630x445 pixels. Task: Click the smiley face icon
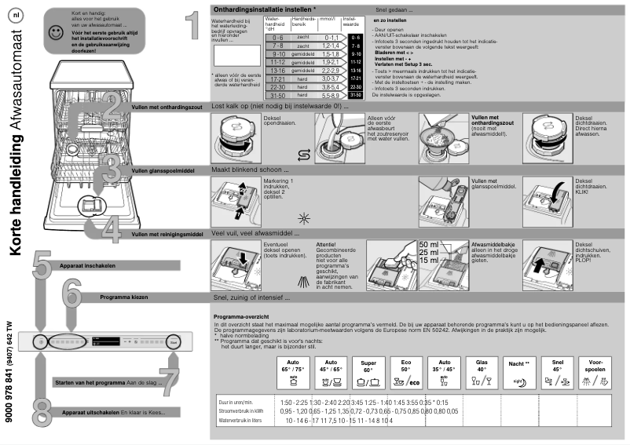tap(53, 32)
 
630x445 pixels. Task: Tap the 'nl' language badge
tap(16, 16)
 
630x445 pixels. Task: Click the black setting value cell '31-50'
tap(356, 95)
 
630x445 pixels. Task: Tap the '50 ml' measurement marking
tap(430, 245)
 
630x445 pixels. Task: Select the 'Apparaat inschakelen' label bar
tap(86, 267)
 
